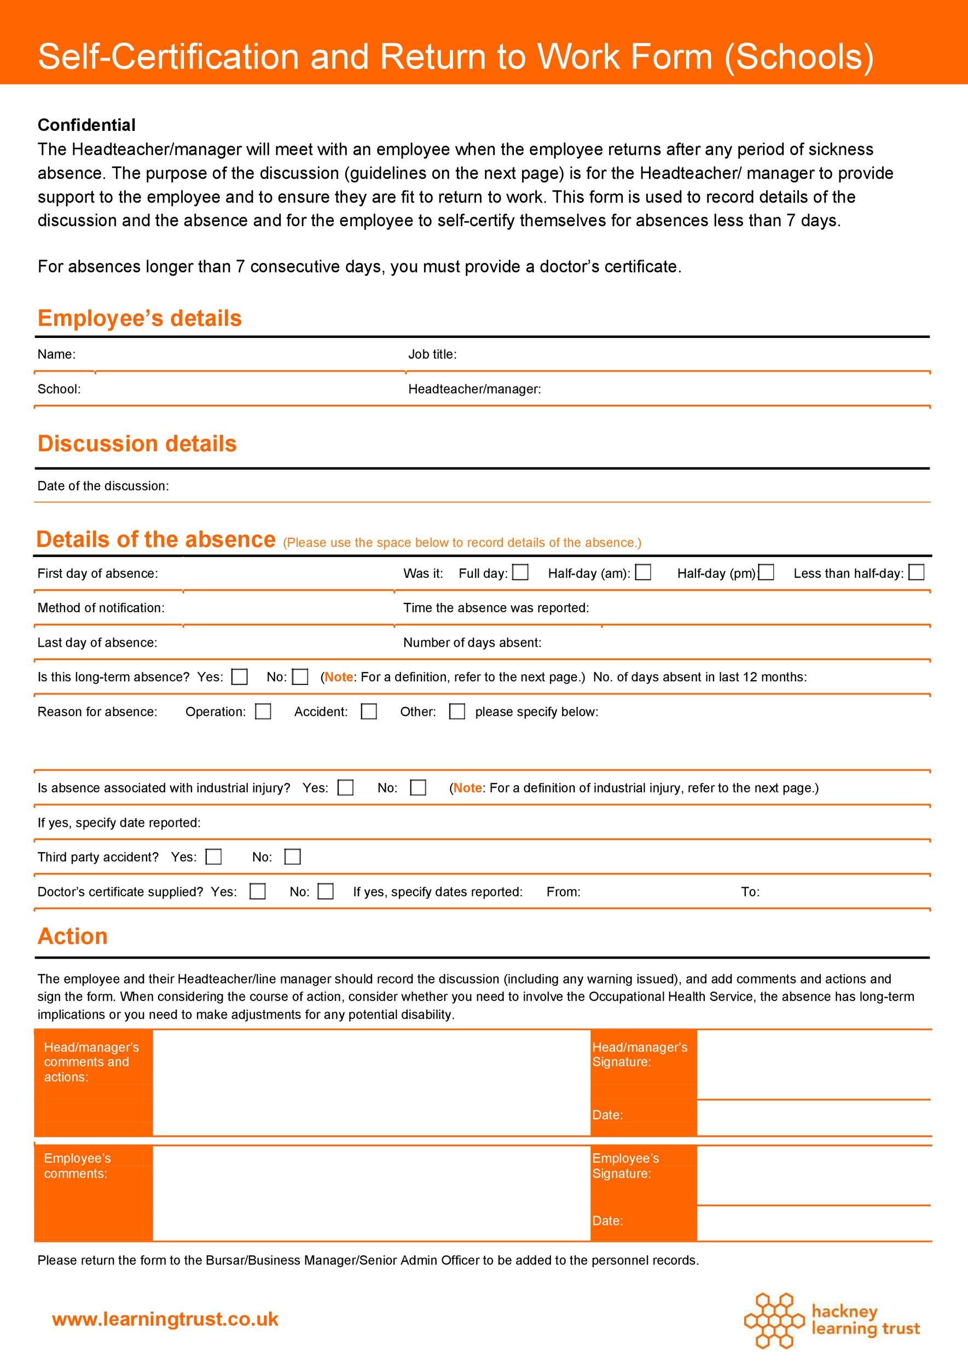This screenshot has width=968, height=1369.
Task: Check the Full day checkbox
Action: (520, 573)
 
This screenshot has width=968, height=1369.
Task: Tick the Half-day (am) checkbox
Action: (643, 573)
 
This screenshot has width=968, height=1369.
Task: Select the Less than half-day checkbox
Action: (916, 573)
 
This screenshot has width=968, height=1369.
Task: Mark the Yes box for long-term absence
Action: (240, 676)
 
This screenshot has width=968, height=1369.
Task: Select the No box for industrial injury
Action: (419, 787)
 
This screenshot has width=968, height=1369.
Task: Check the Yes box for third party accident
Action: (213, 856)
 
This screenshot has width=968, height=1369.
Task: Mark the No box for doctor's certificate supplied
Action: (326, 891)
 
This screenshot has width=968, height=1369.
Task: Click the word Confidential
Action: (86, 125)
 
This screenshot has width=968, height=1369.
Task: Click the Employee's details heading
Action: (140, 318)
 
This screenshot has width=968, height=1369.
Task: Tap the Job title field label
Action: (432, 354)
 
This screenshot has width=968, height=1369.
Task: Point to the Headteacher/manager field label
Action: (474, 389)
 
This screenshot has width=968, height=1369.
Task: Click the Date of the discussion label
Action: (103, 486)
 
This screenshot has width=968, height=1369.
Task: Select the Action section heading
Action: (73, 936)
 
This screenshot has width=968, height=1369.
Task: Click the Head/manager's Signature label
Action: (639, 1054)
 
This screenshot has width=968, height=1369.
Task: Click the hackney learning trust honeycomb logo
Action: (774, 1321)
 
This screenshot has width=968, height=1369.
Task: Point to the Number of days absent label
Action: (472, 642)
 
